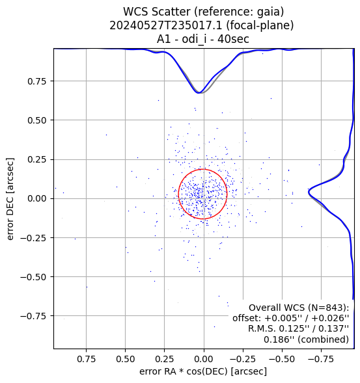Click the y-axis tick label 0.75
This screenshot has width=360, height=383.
pos(36,81)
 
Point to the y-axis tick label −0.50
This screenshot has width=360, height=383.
pos(33,277)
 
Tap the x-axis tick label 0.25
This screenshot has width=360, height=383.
pos(165,359)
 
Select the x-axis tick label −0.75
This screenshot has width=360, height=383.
pos(321,359)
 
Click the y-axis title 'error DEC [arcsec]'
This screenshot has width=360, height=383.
pos(10,199)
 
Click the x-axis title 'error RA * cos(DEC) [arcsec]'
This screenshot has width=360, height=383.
pos(203,371)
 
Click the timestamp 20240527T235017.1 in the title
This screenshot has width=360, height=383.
pos(165,25)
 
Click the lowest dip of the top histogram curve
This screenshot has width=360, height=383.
pos(199,93)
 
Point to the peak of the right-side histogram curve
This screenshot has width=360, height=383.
pos(309,192)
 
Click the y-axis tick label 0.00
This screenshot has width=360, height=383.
pos(36,198)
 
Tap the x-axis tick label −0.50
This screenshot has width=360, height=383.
pos(282,359)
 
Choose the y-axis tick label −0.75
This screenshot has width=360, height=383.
pos(33,316)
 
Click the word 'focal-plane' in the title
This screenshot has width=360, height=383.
pos(260,25)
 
